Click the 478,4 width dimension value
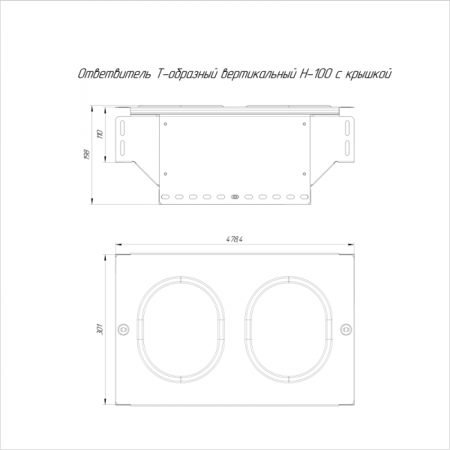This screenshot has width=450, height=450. point(234,240)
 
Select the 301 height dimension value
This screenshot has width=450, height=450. point(100,329)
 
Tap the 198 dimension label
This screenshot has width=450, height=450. point(88,154)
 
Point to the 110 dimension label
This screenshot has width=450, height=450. point(100,134)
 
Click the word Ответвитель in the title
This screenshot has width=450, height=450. point(115,73)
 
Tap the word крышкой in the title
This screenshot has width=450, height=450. point(367,73)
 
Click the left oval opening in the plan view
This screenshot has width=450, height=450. point(138,330)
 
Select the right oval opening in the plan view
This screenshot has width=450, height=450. point(246,330)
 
